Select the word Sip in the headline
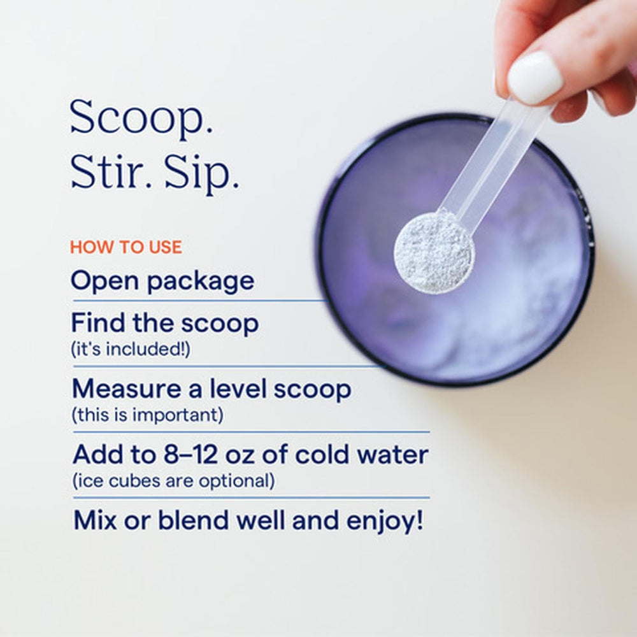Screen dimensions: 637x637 coord(202,174)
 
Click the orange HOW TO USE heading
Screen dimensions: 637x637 coord(125,247)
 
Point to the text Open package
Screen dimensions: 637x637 coord(162,281)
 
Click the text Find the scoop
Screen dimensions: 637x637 coord(164,324)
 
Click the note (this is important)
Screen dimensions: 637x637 coord(147,415)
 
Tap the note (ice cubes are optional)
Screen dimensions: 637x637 coord(173,481)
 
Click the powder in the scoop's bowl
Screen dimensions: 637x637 coord(433,252)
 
